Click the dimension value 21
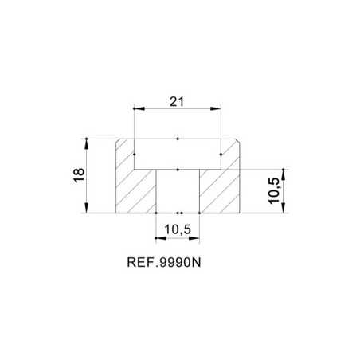click(x=177, y=102)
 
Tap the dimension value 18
click(x=80, y=175)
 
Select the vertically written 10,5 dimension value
click(x=274, y=191)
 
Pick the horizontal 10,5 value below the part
click(x=178, y=229)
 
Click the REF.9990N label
click(x=164, y=263)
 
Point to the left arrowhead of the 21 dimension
click(x=139, y=108)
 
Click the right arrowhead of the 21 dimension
click(x=215, y=108)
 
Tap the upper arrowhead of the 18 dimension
click(x=87, y=144)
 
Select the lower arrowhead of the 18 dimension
click(x=87, y=208)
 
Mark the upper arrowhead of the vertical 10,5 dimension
click(x=284, y=174)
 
